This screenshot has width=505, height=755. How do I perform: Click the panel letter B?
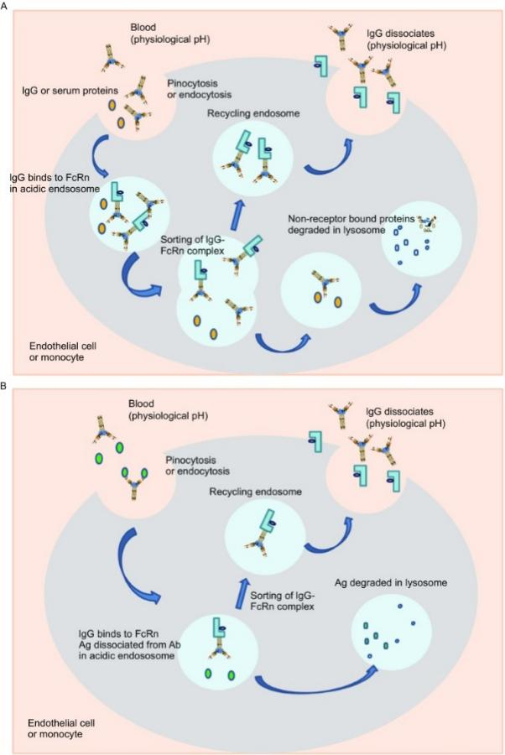[x=4, y=386]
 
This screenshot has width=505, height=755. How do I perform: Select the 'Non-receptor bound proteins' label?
[x=351, y=219]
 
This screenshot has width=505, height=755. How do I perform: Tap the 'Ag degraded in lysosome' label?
[x=390, y=583]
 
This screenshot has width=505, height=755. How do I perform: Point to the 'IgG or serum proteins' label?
[x=70, y=91]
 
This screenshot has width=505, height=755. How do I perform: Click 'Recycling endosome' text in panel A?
[x=253, y=113]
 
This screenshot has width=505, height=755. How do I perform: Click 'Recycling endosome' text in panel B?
[x=256, y=492]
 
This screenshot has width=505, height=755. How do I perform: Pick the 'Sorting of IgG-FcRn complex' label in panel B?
[x=282, y=601]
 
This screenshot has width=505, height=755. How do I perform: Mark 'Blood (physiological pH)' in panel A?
[x=170, y=34]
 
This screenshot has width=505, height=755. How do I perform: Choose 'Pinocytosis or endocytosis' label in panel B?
[x=197, y=465]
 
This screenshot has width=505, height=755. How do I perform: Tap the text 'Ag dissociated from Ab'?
[x=129, y=644]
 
